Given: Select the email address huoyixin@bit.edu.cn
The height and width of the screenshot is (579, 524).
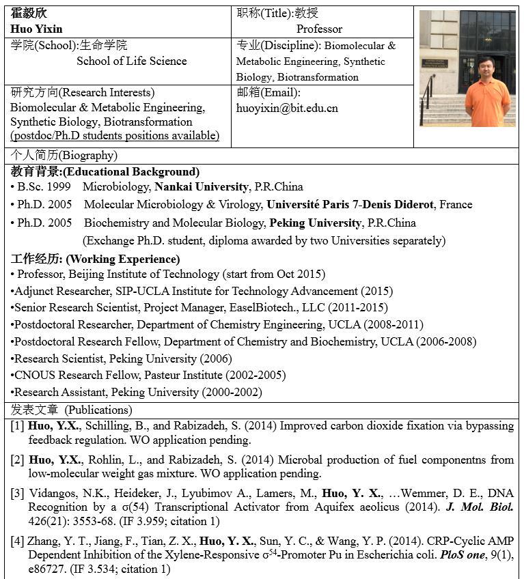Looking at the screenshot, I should [x=287, y=108].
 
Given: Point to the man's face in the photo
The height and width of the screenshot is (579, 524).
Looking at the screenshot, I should [x=486, y=66].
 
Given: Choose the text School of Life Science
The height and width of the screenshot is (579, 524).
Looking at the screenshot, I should [x=131, y=61].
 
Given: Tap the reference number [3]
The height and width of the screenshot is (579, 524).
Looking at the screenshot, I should [x=17, y=492].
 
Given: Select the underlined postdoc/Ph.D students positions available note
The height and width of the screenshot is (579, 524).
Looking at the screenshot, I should [x=115, y=135].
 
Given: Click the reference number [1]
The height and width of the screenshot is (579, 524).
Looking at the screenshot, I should [x=17, y=425].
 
